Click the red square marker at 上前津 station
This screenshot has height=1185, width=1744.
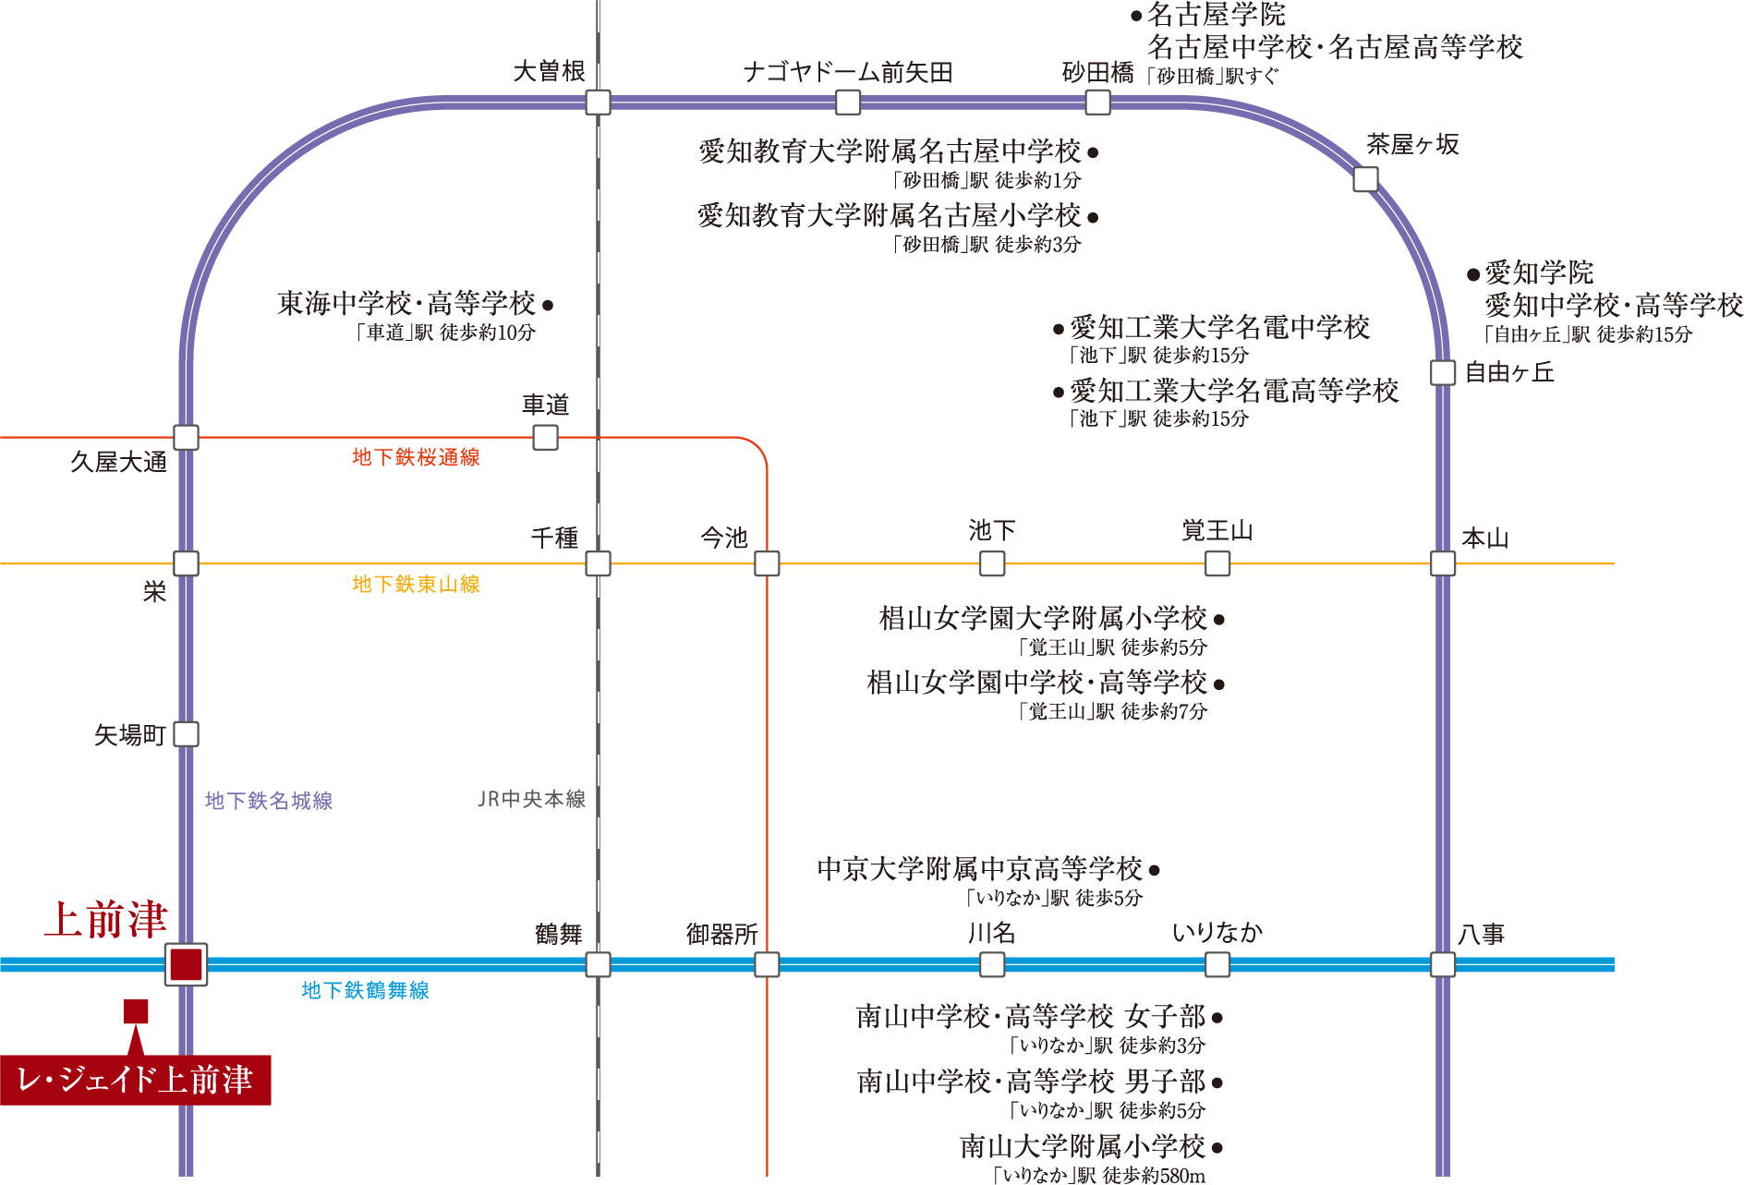pos(186,964)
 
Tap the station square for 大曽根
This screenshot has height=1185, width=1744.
pos(598,102)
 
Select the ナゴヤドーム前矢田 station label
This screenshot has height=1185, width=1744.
pos(847,72)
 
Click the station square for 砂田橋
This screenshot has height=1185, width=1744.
pos(1097,102)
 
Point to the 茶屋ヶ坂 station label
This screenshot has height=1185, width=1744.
pos(1412,144)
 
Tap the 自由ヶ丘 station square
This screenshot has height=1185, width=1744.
pos(1443,372)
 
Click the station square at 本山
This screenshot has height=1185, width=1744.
pos(1443,562)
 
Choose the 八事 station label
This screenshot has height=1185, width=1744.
pos(1481,935)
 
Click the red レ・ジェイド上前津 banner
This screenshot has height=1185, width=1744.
pos(135,1080)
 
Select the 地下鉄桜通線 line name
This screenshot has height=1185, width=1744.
pos(416,457)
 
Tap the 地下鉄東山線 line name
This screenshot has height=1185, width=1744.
pos(416,584)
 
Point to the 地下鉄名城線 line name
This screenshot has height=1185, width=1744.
pos(269,801)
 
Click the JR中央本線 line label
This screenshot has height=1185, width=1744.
pos(531,799)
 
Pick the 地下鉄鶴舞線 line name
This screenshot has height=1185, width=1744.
pos(365,990)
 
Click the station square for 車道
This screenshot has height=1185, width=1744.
pos(545,437)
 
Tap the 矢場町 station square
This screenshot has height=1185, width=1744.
pos(186,734)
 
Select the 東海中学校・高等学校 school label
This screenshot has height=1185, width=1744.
pos(406,303)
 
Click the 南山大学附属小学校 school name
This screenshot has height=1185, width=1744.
pos(1083,1146)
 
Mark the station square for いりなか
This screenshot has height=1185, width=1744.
pos(1217,964)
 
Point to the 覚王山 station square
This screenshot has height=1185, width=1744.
pos(1217,562)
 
